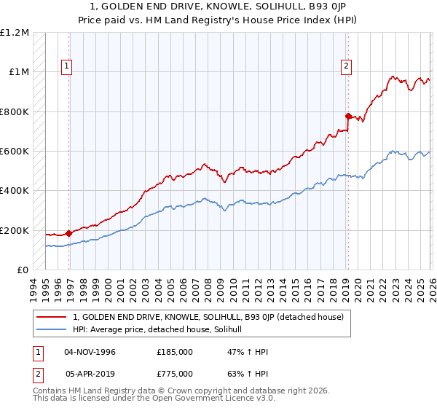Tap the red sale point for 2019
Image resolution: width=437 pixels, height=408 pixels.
(348, 116)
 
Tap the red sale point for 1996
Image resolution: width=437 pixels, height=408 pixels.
(69, 233)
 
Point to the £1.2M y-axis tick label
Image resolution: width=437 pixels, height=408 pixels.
(15, 33)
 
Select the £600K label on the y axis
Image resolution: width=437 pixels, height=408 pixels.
(15, 152)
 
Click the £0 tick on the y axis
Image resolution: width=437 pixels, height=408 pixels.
(23, 270)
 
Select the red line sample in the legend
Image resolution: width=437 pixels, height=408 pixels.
(52, 317)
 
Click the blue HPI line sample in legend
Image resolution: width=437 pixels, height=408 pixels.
(52, 329)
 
